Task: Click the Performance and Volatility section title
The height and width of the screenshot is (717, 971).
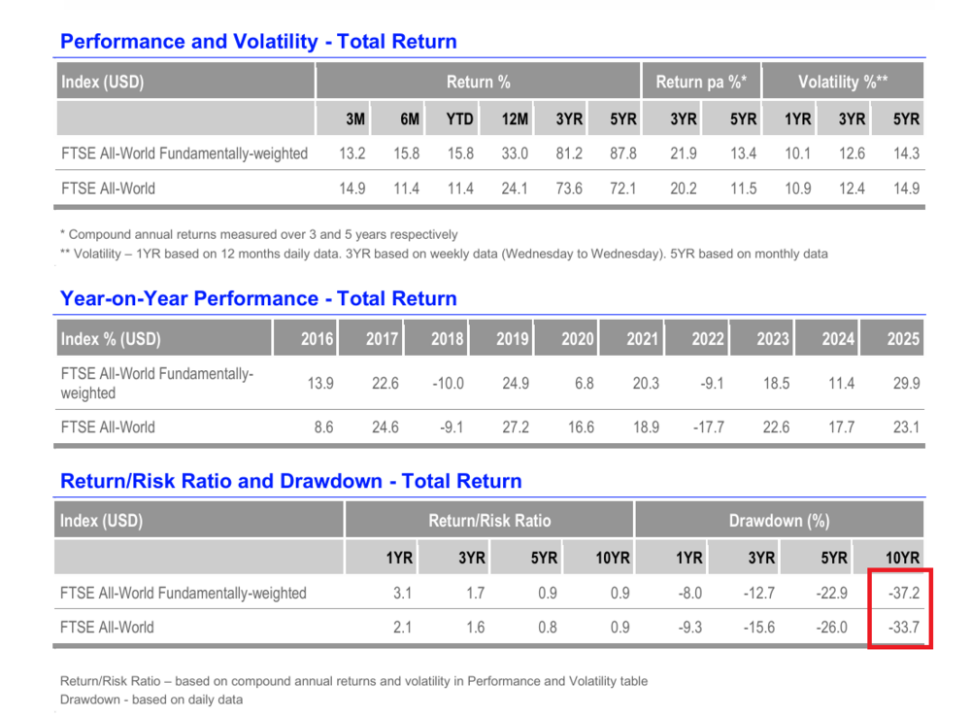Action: [258, 42]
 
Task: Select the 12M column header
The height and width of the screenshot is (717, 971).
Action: [515, 119]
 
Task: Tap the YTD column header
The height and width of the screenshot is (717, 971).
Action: [459, 119]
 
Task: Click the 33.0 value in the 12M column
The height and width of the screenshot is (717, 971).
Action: [515, 154]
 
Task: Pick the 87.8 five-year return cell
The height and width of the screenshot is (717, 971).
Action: [623, 154]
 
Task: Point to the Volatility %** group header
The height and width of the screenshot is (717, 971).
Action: [843, 82]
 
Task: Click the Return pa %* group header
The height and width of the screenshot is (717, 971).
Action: [701, 82]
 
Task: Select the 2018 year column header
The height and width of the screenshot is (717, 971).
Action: [447, 339]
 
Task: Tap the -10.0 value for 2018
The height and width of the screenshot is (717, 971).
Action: [448, 384]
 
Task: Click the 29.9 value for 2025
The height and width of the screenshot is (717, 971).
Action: [906, 384]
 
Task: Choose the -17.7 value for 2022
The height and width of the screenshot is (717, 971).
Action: [709, 427]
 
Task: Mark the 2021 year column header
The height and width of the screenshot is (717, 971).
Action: [642, 339]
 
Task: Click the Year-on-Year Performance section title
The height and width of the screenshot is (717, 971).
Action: [258, 298]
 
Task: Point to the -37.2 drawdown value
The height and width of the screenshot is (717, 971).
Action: [904, 593]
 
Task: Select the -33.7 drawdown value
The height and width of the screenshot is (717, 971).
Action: [904, 628]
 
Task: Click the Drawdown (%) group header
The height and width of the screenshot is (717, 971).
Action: [779, 521]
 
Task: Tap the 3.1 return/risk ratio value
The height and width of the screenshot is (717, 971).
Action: [403, 593]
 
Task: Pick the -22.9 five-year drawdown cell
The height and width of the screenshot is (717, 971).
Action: [832, 593]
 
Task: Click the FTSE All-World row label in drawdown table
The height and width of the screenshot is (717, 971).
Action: [107, 628]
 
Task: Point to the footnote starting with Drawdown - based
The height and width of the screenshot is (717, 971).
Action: [151, 700]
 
